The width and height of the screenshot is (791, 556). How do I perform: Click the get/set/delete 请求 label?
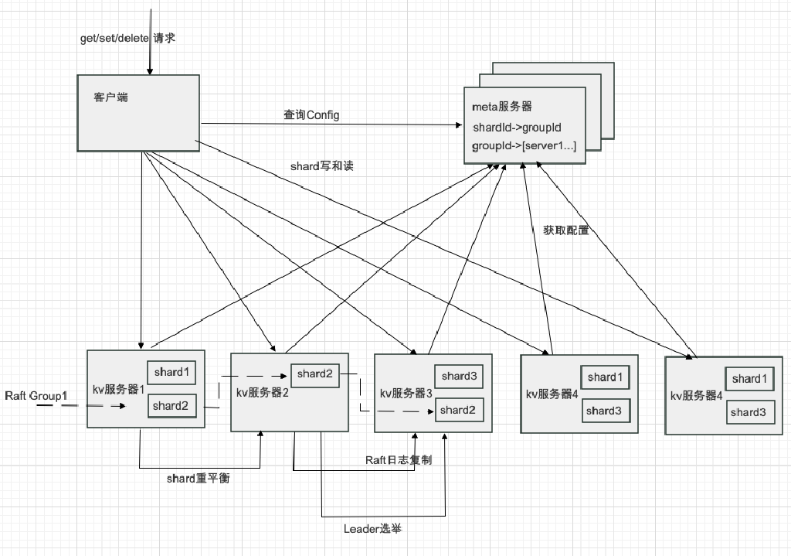click(128, 38)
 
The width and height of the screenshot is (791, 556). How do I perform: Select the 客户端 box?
click(137, 112)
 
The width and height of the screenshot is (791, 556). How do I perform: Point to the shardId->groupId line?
click(517, 126)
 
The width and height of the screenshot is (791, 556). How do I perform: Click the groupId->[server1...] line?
click(523, 145)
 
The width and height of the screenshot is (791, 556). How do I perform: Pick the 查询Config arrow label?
click(311, 115)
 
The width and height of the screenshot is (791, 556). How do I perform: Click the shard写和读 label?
click(322, 165)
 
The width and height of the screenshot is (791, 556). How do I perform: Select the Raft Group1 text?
click(36, 396)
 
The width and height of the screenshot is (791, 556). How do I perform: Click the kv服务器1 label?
click(119, 389)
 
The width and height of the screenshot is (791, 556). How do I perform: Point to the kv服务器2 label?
click(262, 392)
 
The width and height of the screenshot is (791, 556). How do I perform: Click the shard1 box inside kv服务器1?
click(171, 373)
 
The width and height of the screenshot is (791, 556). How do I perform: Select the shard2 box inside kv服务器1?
click(171, 405)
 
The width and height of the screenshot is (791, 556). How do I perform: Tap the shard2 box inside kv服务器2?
click(314, 374)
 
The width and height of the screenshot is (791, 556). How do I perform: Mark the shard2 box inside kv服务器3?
click(458, 410)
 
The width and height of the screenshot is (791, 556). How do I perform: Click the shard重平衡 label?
click(199, 478)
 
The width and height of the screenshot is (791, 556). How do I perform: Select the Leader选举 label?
click(372, 529)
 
